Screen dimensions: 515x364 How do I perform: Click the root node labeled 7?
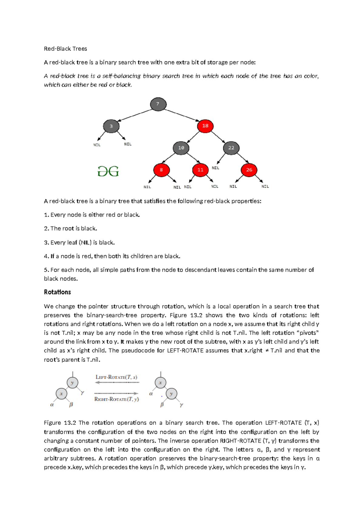click(x=158, y=104)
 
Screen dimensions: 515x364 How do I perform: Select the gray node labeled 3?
click(x=111, y=126)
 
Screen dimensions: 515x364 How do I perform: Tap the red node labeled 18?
click(x=205, y=126)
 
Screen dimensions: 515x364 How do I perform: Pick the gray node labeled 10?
click(x=181, y=148)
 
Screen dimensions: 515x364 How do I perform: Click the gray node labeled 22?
click(x=231, y=148)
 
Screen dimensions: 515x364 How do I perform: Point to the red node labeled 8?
click(x=161, y=170)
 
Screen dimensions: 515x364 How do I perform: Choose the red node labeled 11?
click(x=201, y=170)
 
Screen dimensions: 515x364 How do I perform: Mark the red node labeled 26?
click(x=249, y=170)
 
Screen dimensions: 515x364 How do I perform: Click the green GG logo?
click(x=108, y=171)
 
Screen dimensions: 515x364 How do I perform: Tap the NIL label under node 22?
click(x=215, y=168)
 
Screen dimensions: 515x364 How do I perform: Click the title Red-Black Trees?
click(x=66, y=49)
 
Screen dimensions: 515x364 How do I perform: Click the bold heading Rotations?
click(x=57, y=292)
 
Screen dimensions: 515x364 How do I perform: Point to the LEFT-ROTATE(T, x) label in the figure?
click(x=116, y=377)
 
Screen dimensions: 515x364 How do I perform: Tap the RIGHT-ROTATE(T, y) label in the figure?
click(x=116, y=399)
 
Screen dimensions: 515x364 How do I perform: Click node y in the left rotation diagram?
click(x=72, y=383)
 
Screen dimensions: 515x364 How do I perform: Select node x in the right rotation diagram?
click(x=160, y=383)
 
